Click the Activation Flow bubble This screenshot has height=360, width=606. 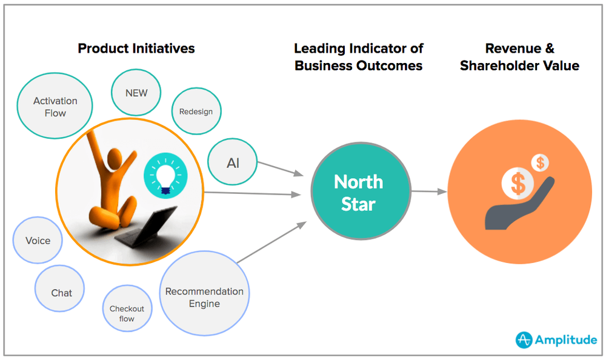(x=55, y=107)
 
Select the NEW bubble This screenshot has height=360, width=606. (x=136, y=93)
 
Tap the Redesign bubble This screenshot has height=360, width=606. (x=196, y=112)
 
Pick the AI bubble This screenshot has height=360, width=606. (x=233, y=163)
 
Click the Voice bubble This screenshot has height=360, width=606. (x=38, y=241)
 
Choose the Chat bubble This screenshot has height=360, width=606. (x=61, y=293)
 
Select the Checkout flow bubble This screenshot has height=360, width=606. (x=127, y=313)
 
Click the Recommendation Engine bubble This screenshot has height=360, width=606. (x=204, y=297)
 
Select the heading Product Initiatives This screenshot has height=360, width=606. (x=136, y=48)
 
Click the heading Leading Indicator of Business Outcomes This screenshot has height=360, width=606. (x=359, y=56)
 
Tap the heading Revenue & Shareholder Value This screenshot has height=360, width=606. (x=519, y=56)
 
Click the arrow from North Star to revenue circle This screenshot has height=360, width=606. (x=428, y=192)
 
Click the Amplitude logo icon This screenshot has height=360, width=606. (x=524, y=340)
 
